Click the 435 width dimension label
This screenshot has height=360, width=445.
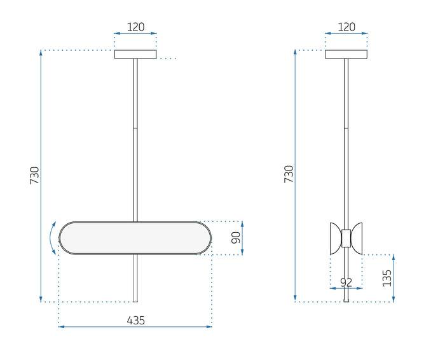pyautogui.click(x=135, y=321)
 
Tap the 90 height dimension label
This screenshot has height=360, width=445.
pyautogui.click(x=235, y=238)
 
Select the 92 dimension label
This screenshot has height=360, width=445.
pyautogui.click(x=346, y=282)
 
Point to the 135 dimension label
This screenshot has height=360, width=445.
pyautogui.click(x=387, y=278)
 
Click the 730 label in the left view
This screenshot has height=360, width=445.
pyautogui.click(x=34, y=176)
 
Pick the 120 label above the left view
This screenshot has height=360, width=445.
pyautogui.click(x=135, y=27)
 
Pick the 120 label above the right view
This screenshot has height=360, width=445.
pyautogui.click(x=346, y=27)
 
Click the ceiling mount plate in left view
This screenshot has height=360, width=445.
pyautogui.click(x=135, y=55)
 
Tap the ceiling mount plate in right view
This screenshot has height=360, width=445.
pyautogui.click(x=346, y=55)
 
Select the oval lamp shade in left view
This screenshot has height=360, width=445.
pyautogui.click(x=135, y=239)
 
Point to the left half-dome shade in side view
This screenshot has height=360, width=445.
pyautogui.click(x=335, y=238)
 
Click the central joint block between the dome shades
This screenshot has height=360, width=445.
pyautogui.click(x=346, y=238)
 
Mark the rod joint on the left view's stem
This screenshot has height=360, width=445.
pyautogui.click(x=135, y=128)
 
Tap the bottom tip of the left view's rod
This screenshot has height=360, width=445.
pyautogui.click(x=135, y=300)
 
